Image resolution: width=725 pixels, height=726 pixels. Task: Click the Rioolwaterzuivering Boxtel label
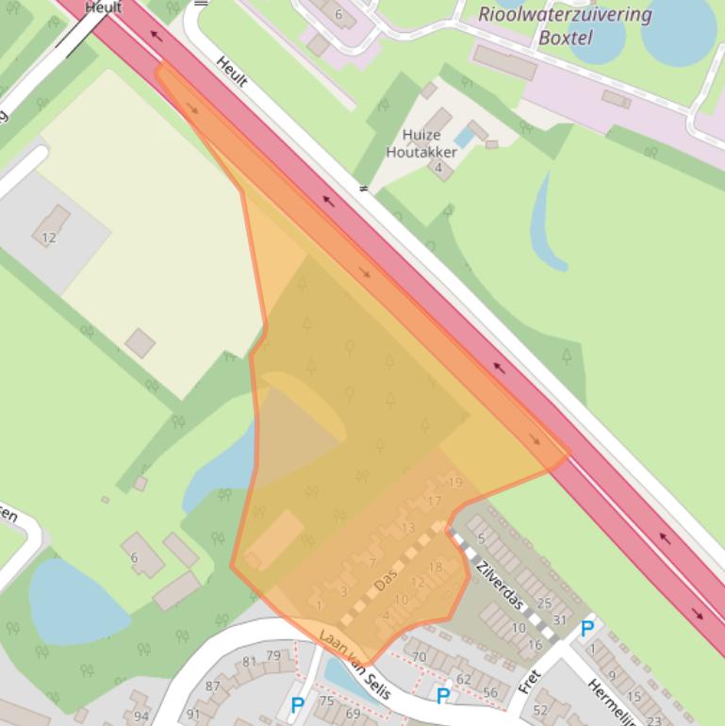click(x=565, y=26)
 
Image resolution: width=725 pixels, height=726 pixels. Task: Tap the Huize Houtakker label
click(x=414, y=142)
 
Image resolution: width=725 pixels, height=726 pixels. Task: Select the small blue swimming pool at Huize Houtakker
click(x=464, y=139)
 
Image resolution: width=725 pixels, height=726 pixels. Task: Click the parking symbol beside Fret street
click(x=586, y=628)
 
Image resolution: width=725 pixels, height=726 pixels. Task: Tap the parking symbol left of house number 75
click(x=297, y=704)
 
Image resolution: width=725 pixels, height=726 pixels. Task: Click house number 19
click(x=455, y=483)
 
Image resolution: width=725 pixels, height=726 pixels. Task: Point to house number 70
click(x=420, y=656)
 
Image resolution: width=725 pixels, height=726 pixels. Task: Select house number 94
click(x=141, y=717)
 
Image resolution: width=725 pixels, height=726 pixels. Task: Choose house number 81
click(x=249, y=662)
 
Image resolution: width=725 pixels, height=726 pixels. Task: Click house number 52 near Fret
click(x=540, y=710)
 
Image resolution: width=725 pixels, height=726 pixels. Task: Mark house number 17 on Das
click(x=434, y=501)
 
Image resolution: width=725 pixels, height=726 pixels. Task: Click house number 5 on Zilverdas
click(x=482, y=538)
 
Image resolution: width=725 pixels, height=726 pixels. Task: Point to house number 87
click(x=213, y=686)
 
